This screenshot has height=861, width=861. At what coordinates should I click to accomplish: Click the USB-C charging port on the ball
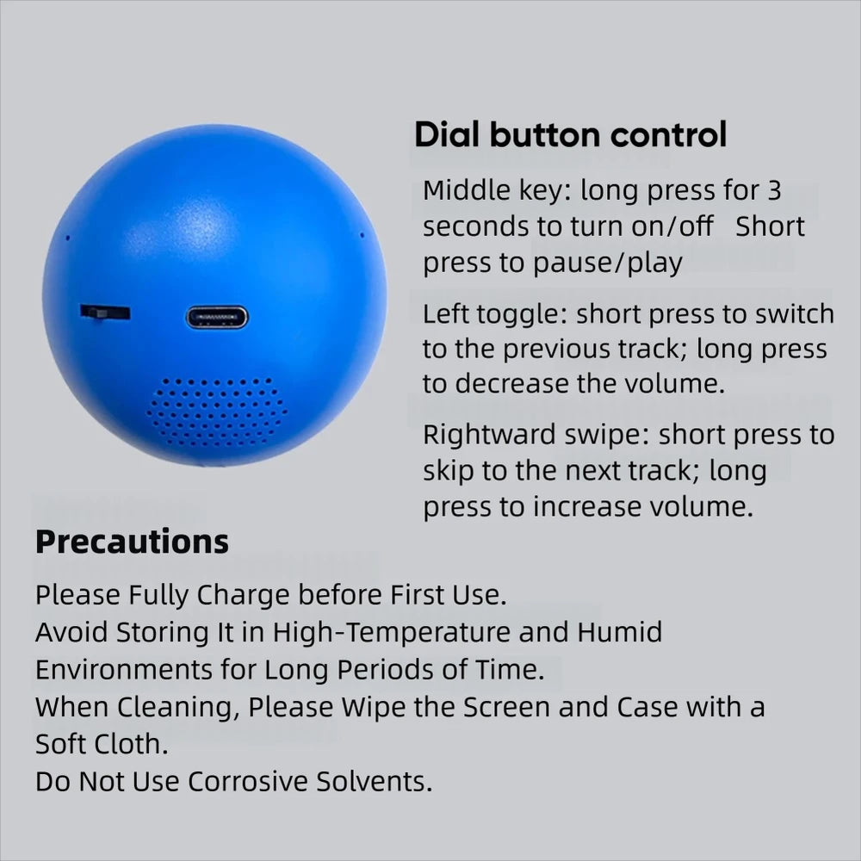pyautogui.click(x=216, y=317)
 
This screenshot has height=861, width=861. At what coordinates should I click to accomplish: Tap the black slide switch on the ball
pyautogui.click(x=104, y=313)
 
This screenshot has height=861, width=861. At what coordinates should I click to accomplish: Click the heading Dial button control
pyautogui.click(x=571, y=135)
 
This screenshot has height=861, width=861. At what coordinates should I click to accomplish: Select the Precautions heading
pyautogui.click(x=132, y=542)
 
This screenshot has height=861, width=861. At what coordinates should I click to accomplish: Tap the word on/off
pyautogui.click(x=675, y=226)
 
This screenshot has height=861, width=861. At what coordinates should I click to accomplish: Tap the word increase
pyautogui.click(x=585, y=507)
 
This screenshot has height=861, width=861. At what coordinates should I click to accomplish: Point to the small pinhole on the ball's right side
pyautogui.click(x=362, y=234)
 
